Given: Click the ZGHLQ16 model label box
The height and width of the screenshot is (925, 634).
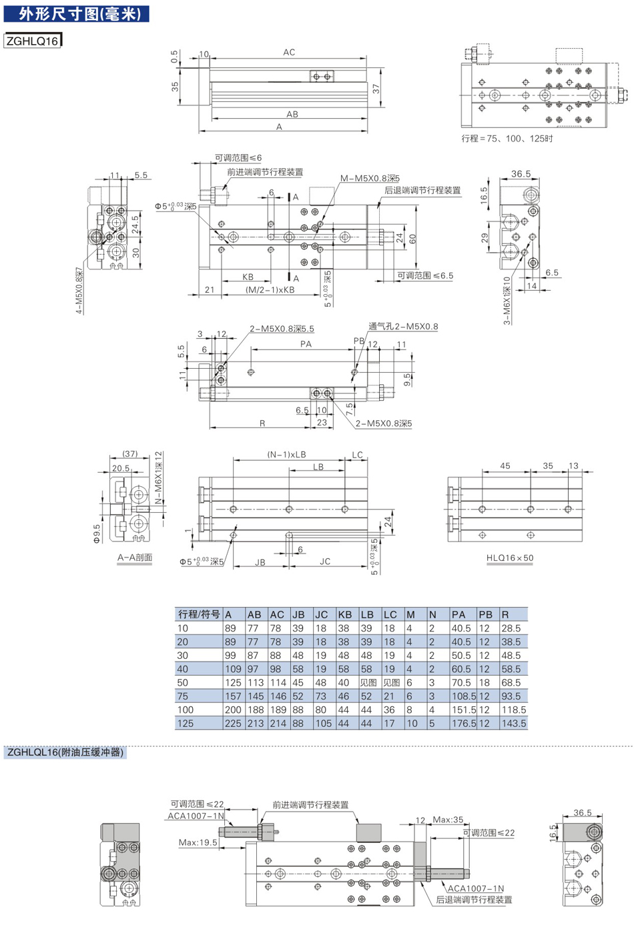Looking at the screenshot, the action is (x=33, y=41).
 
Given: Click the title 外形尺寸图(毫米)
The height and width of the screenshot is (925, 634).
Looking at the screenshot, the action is (x=77, y=14).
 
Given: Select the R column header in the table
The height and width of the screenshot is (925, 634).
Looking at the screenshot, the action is (x=505, y=614).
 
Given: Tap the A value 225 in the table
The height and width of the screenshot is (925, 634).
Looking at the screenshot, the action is (x=233, y=724).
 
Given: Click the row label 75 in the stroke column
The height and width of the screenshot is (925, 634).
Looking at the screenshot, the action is (x=182, y=696).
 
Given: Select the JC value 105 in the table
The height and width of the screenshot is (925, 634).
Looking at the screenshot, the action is (x=323, y=724).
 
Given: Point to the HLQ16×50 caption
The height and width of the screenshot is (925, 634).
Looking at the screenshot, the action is (x=510, y=558).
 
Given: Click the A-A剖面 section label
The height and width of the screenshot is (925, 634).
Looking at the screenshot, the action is (x=135, y=558).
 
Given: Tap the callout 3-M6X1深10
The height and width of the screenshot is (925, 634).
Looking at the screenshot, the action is (x=507, y=301).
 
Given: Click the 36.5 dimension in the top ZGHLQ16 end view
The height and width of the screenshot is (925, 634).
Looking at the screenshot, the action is (x=521, y=174).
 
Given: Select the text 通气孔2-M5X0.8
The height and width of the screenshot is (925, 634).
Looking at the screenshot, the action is (x=403, y=327).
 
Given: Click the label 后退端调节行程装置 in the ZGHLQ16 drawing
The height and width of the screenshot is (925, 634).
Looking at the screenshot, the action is (x=422, y=190).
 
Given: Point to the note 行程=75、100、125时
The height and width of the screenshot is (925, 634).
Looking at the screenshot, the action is (x=507, y=138).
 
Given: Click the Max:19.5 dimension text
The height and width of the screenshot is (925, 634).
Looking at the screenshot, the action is (x=198, y=842).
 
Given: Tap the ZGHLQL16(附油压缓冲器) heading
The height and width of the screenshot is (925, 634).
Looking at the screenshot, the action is (x=65, y=752).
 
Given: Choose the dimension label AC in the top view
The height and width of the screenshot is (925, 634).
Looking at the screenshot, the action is (x=289, y=53).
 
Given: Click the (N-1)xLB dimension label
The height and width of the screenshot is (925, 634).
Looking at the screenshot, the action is (x=286, y=455).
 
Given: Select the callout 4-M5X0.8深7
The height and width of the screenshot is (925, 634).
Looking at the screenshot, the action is (x=79, y=291).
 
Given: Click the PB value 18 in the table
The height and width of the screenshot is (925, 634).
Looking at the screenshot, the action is (x=484, y=683).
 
